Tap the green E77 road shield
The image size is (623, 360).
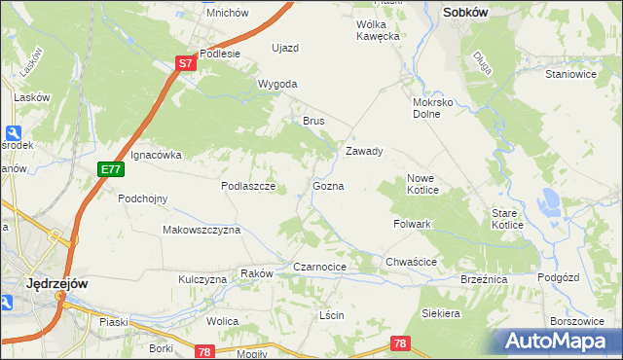click(110, 169)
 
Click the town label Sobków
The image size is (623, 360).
click(464, 13)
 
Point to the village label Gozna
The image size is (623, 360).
click(328, 186)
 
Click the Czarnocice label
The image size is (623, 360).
click(320, 267)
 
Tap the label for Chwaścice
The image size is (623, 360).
click(410, 263)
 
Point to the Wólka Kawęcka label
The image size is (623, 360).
click(379, 30)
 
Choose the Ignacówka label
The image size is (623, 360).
click(156, 155)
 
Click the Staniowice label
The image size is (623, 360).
click(570, 73)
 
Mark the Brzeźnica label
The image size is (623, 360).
click(484, 279)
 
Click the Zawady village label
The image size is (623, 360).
click(365, 152)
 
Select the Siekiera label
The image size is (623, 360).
click(440, 314)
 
